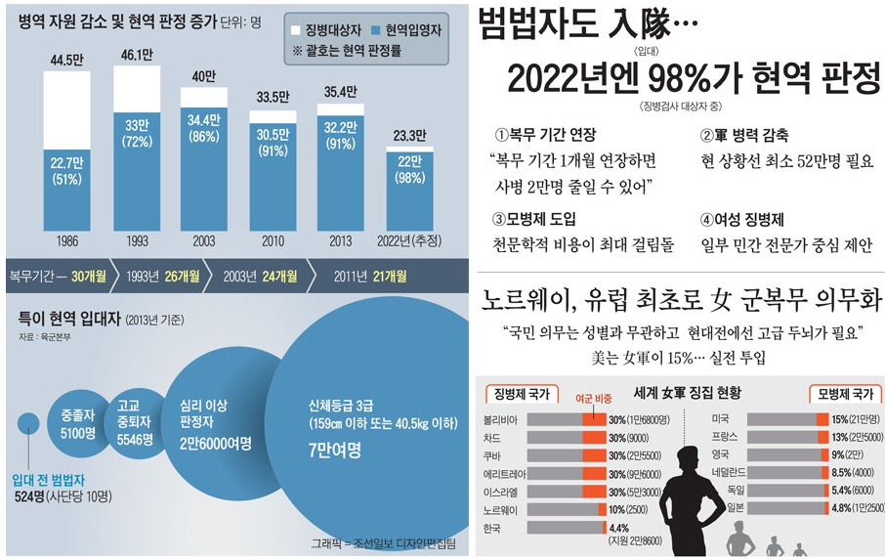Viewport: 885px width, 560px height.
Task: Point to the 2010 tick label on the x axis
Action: tap(271, 239)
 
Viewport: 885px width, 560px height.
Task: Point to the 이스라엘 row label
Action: tap(501, 493)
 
